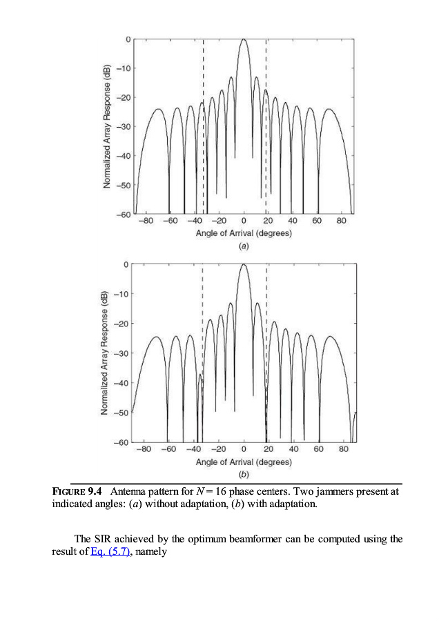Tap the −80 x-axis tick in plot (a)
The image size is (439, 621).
146,221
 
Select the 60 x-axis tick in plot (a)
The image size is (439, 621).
317,221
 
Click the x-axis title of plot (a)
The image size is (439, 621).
244,233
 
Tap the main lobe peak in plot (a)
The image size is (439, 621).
244,39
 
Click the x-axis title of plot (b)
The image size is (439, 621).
244,461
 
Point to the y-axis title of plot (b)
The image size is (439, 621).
105,353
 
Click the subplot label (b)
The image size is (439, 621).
244,473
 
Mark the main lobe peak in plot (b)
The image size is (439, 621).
244,264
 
